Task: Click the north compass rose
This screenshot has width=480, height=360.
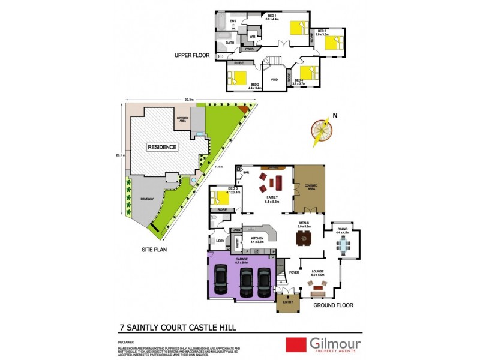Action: [x=322, y=130]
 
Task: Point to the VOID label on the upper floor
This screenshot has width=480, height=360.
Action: [x=274, y=79]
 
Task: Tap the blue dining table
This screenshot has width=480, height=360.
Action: [x=343, y=244]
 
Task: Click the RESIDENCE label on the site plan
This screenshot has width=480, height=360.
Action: [x=163, y=147]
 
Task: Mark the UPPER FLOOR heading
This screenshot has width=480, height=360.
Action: [x=191, y=55]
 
